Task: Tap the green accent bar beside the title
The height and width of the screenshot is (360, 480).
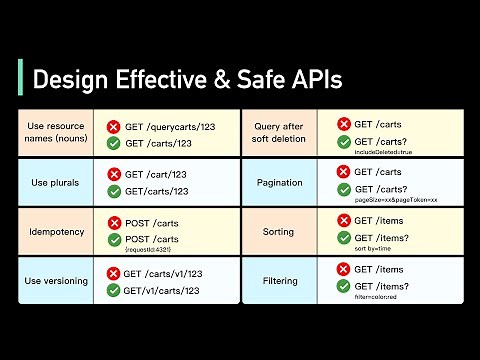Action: coord(22,78)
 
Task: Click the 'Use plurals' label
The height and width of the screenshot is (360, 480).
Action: coord(55,183)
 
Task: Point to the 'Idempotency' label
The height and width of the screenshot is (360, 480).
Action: coord(55,232)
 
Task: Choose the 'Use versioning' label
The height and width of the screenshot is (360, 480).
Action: coord(55,281)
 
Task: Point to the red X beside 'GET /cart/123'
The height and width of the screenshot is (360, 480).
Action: coord(113,174)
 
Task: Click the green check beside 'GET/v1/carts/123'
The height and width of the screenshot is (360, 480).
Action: coord(113,291)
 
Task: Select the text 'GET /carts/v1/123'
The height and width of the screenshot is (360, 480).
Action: coord(171,272)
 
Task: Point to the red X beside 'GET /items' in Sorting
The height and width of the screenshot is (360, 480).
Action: coord(342,219)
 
